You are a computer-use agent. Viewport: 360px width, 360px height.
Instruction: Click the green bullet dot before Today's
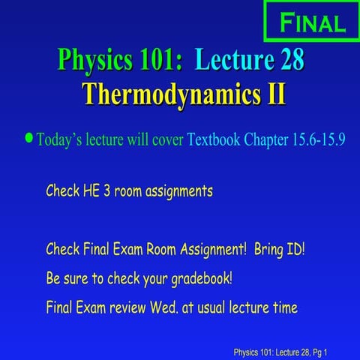tap(29, 138)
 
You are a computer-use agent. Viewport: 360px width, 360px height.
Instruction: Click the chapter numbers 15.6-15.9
tap(315, 139)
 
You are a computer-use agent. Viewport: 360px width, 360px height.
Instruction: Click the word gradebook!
tap(197, 278)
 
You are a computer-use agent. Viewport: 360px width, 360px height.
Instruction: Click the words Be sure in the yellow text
tap(67, 278)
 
